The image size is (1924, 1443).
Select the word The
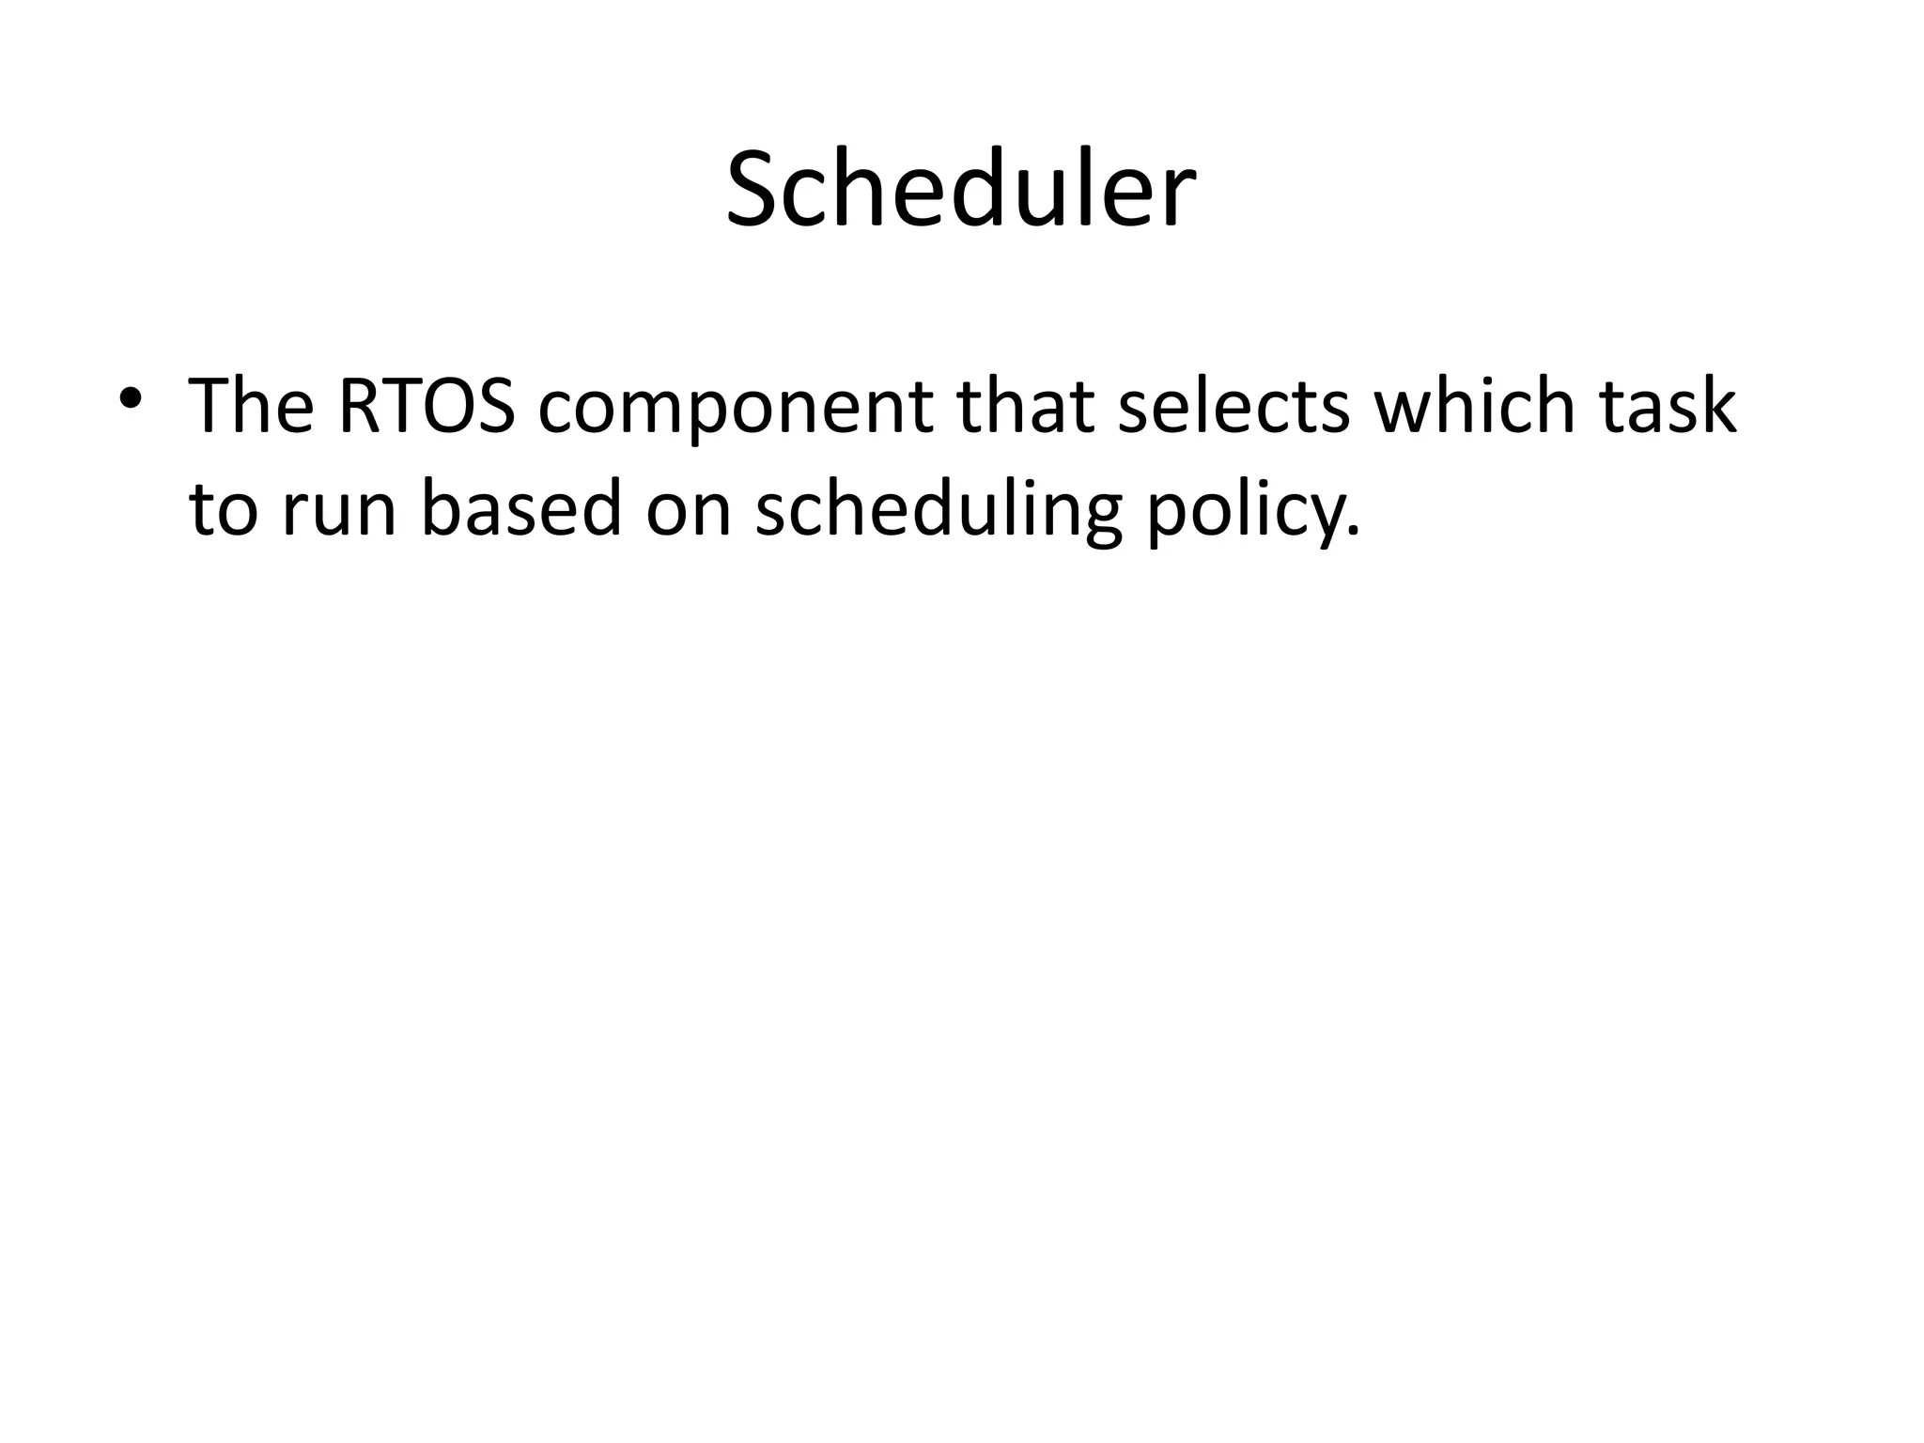click(x=251, y=407)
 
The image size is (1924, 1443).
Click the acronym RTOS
click(x=426, y=407)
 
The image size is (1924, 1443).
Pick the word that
click(x=1026, y=407)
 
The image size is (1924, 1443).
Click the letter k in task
click(x=1715, y=407)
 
